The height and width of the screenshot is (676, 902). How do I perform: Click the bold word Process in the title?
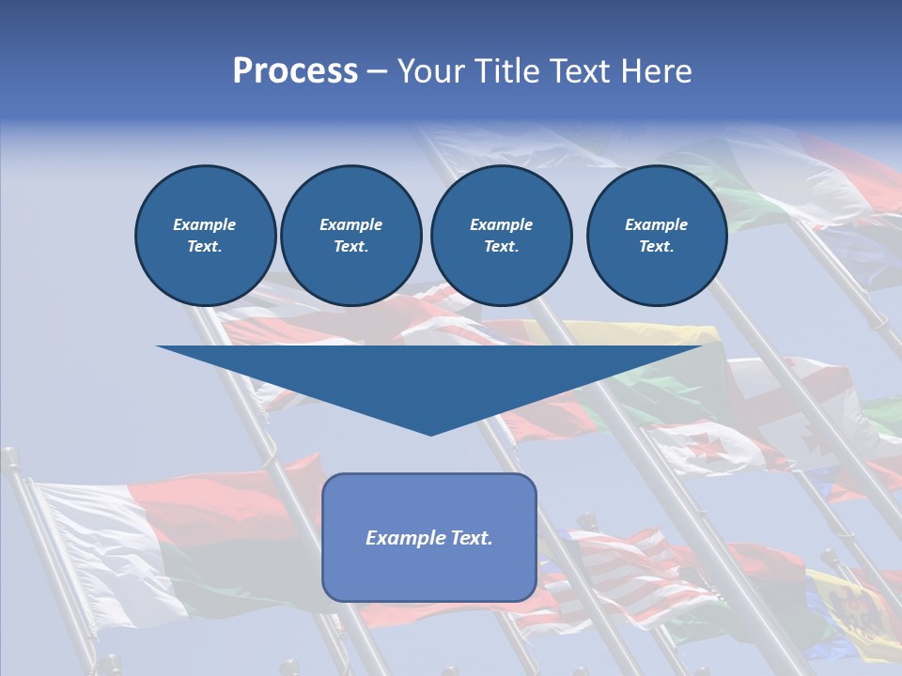click(x=295, y=71)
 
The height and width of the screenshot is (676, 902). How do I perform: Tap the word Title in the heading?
click(x=503, y=71)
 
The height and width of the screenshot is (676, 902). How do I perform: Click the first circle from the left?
click(x=205, y=236)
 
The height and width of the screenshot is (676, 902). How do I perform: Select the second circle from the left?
click(x=350, y=236)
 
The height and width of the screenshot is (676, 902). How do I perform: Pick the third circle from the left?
click(x=501, y=236)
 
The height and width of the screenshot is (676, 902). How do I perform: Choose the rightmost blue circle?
click(x=656, y=236)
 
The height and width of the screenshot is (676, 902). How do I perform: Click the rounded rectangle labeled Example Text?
click(x=429, y=537)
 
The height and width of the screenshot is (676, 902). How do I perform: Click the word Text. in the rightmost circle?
click(x=656, y=247)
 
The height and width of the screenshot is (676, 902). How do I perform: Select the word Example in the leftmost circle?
click(x=205, y=224)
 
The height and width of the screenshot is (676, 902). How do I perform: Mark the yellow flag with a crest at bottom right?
click(x=850, y=610)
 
